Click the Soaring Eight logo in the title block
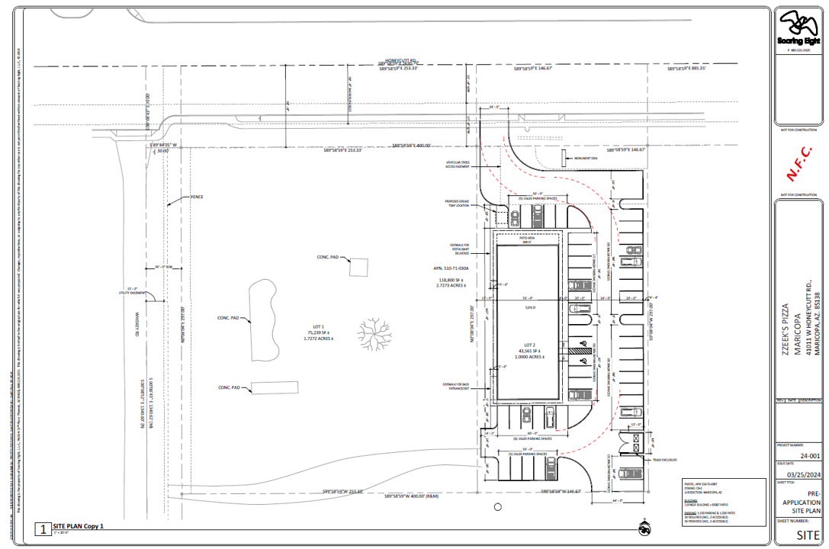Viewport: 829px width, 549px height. point(798,27)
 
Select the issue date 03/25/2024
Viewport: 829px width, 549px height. point(799,473)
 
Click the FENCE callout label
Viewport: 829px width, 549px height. point(197,197)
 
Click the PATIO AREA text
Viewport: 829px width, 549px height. point(525,238)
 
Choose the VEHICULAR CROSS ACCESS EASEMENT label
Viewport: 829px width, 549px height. point(464,165)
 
